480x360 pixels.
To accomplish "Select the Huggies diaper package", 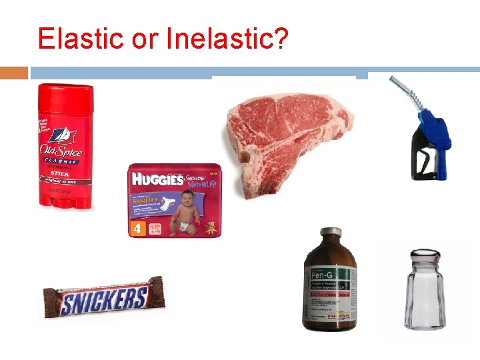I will coord(174,201).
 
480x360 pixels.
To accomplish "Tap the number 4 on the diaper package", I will coord(137,227).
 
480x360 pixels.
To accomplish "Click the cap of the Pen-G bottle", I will coord(330,233).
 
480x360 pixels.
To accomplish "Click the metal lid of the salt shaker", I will coord(425,257).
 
